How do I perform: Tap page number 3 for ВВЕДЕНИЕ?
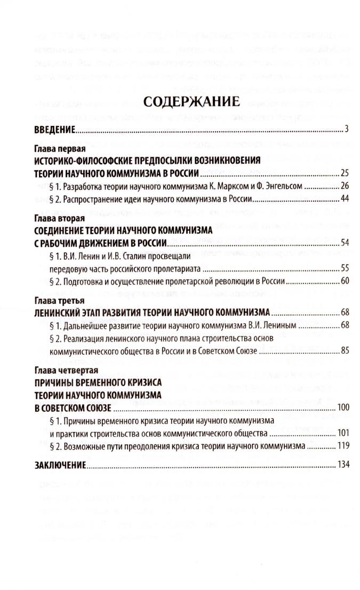pyautogui.click(x=346, y=129)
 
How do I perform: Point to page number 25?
pyautogui.click(x=343, y=173)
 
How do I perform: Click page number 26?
pyautogui.click(x=343, y=186)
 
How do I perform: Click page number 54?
pyautogui.click(x=343, y=243)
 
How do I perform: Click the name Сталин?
pyautogui.click(x=122, y=256)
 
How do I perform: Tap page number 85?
pyautogui.click(x=343, y=350)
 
